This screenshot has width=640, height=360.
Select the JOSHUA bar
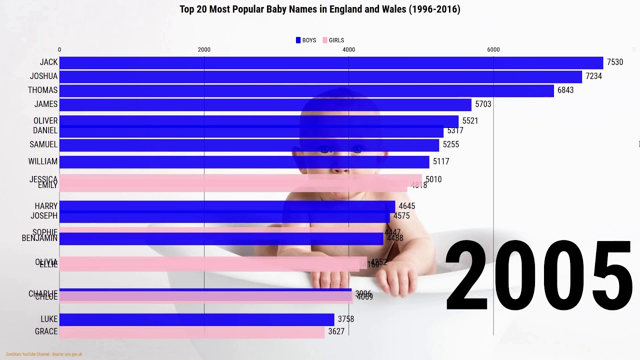[x=320, y=76]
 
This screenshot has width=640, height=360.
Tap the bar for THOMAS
[x=306, y=90]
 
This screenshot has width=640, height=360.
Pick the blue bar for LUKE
[x=196, y=319]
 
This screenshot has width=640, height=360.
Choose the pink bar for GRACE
[x=192, y=332]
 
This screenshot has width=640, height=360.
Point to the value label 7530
[x=615, y=62]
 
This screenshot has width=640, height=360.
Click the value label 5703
[x=483, y=104]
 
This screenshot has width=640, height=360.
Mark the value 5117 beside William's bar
[x=441, y=161]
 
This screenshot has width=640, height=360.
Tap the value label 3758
[x=346, y=319]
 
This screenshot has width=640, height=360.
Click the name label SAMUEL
[x=43, y=144]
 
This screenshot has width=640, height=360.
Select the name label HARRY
[x=46, y=206]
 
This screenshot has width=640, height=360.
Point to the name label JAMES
[x=46, y=104]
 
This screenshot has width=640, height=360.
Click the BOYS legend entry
[x=306, y=40]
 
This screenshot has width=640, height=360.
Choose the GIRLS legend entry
[x=333, y=40]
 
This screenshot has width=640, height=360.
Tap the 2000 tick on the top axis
[x=204, y=49]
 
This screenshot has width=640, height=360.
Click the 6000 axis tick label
[x=493, y=49]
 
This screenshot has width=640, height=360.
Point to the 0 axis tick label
[x=59, y=49]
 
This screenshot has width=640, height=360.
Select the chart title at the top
[x=320, y=9]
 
